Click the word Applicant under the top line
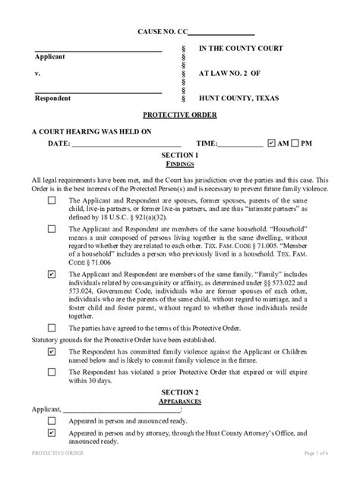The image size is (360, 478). click(x=49, y=58)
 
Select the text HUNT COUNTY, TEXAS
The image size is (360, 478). click(x=242, y=99)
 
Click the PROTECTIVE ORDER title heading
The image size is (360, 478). click(x=180, y=115)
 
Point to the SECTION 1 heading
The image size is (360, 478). click(x=180, y=155)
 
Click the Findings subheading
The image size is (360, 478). click(x=180, y=164)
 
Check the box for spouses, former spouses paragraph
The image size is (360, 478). click(x=51, y=200)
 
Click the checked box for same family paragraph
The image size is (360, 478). click(x=51, y=273)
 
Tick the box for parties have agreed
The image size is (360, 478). click(x=51, y=328)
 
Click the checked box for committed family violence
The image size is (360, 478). click(x=51, y=353)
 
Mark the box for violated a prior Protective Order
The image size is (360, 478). click(x=51, y=372)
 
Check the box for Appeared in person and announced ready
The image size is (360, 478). click(x=51, y=420)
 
